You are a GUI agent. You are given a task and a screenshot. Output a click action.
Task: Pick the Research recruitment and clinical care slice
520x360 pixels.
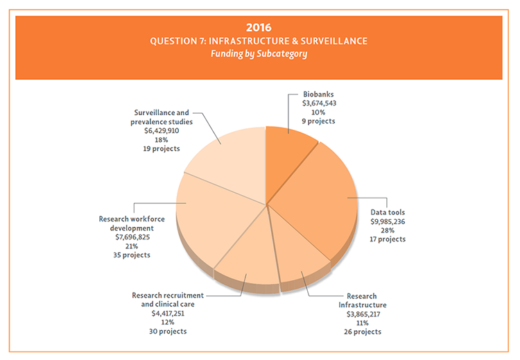click(246, 257)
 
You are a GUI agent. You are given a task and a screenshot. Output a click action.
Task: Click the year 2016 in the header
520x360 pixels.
click(260, 27)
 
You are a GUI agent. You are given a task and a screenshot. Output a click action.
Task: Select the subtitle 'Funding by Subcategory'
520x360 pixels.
click(260, 53)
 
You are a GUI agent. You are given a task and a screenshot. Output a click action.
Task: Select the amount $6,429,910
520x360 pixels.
click(163, 130)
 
